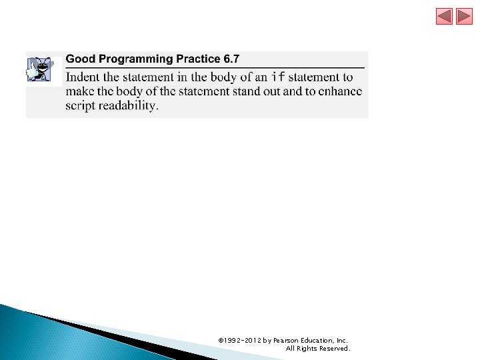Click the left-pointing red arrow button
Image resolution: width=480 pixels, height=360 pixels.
click(445, 17)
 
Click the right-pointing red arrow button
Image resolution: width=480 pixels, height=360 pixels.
click(464, 17)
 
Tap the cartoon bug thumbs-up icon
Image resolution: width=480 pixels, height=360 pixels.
click(39, 69)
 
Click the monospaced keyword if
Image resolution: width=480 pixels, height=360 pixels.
click(279, 77)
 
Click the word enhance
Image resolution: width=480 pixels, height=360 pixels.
click(339, 91)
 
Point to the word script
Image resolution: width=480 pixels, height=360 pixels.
click(80, 105)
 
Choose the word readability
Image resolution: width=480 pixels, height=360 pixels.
click(129, 105)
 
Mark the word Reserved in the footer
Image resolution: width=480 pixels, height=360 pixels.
click(335, 348)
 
